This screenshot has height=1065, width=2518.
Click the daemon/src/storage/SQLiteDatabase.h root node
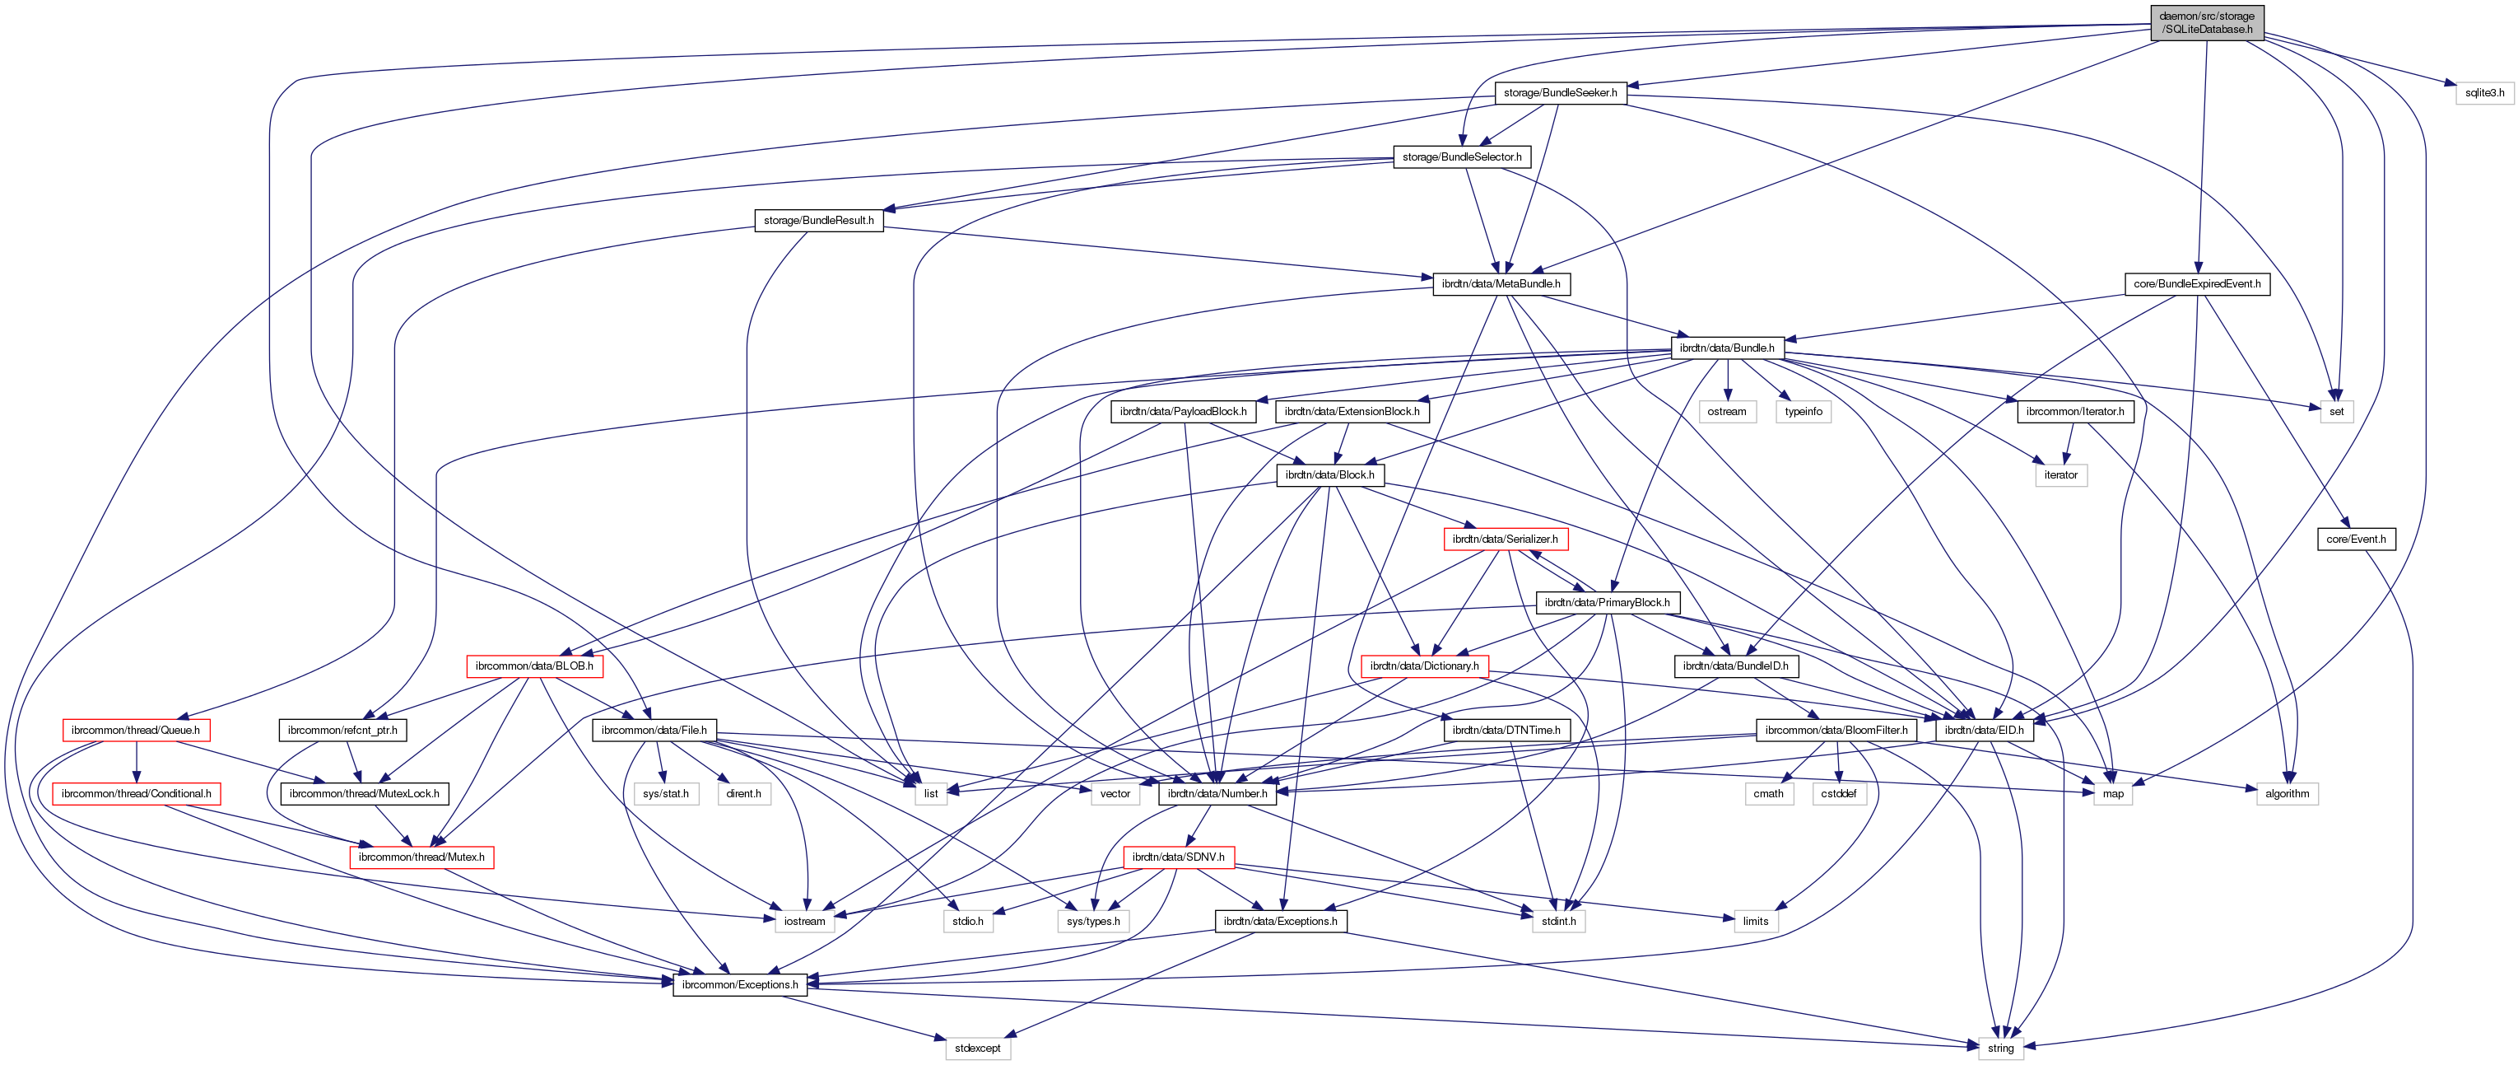tap(2207, 22)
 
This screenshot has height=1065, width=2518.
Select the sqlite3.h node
tap(2483, 93)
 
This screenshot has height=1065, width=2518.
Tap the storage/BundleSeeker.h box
tap(1560, 93)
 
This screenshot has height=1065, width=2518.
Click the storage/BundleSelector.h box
tap(1461, 156)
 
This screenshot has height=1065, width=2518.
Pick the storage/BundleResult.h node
tap(818, 220)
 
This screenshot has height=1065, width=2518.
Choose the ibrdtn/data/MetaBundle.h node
tap(1501, 283)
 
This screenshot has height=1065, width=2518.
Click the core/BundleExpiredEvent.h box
tap(2196, 283)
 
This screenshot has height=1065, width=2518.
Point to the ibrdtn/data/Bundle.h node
tap(1726, 348)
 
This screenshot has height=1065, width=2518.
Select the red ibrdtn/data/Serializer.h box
tap(1505, 539)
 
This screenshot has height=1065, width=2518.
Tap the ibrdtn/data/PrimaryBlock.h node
tap(1607, 602)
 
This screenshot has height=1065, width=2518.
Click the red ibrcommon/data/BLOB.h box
tap(533, 666)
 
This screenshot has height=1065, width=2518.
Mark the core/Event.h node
tap(2356, 539)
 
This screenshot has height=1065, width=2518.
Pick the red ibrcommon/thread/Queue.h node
tap(135, 730)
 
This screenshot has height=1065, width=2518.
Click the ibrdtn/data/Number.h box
tap(1217, 793)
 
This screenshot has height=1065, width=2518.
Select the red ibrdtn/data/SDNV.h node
tap(1178, 857)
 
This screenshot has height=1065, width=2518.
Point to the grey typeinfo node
tap(1804, 412)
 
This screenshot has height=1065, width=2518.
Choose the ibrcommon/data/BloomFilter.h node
tap(1836, 730)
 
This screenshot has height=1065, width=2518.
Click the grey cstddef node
tap(1839, 793)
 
